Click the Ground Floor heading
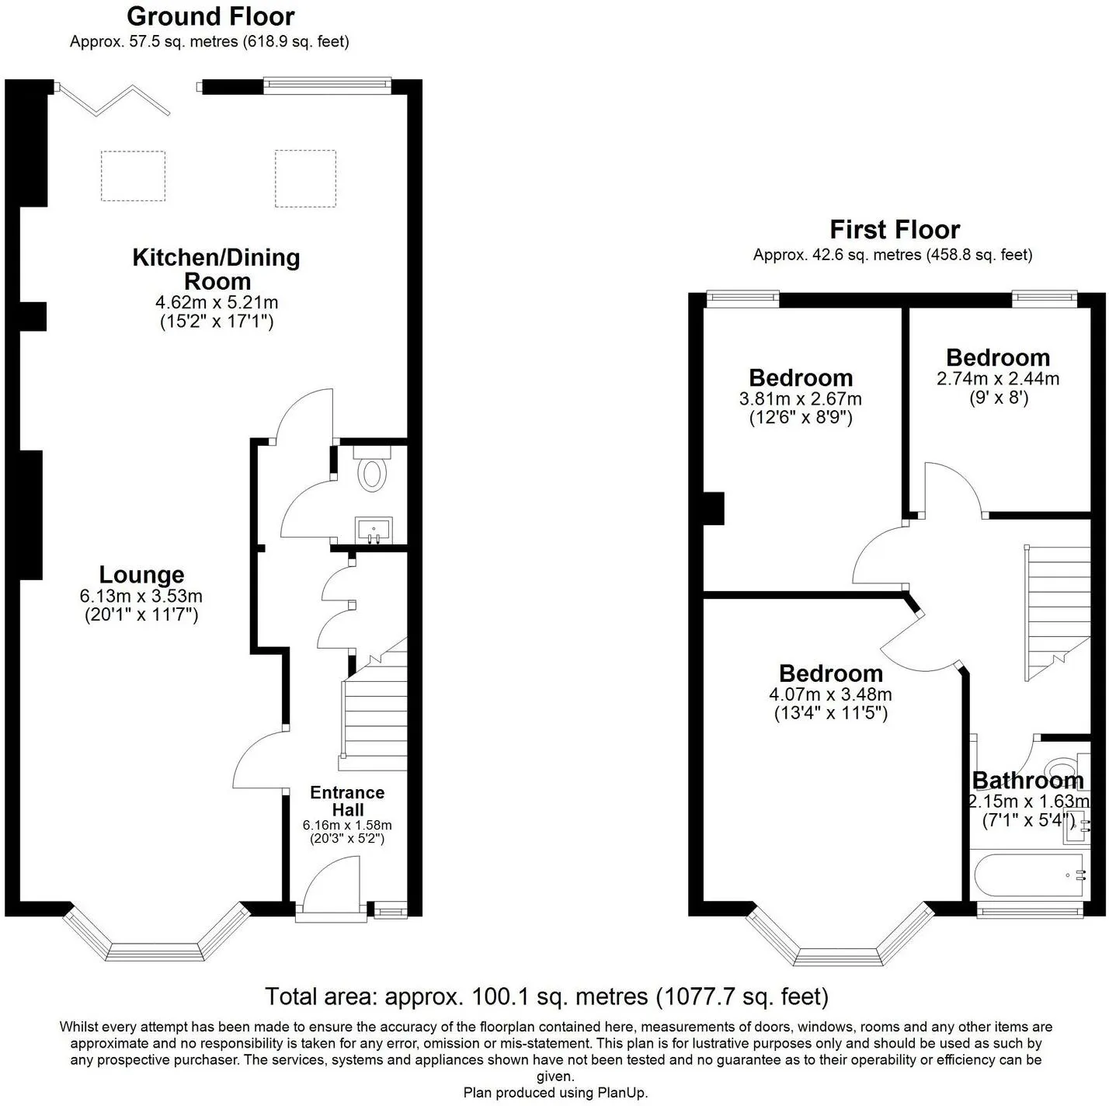[210, 16]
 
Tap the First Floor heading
[895, 230]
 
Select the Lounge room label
[141, 575]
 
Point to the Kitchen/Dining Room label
[217, 270]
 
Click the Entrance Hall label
[347, 801]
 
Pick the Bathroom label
[1028, 781]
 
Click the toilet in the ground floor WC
[373, 470]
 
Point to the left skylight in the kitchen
[133, 176]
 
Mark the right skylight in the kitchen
[305, 178]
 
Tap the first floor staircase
[1058, 613]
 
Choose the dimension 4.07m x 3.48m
[830, 694]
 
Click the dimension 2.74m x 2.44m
[998, 378]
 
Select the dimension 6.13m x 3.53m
[141, 596]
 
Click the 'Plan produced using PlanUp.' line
[555, 1092]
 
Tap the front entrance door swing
[331, 885]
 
